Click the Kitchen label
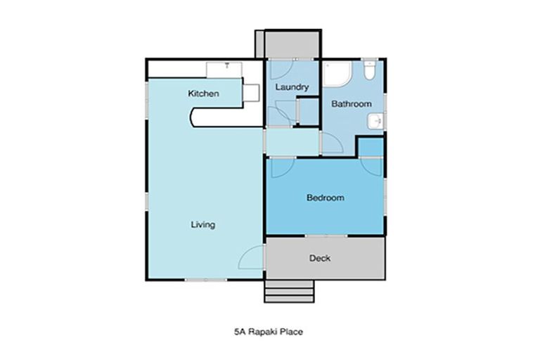(x=203, y=94)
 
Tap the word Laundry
(x=292, y=87)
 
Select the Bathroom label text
(x=351, y=104)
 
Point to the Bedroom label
(x=325, y=198)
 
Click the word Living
(x=202, y=225)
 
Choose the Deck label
(x=320, y=258)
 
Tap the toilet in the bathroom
(x=369, y=71)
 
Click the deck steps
(x=289, y=290)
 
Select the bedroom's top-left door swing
(x=280, y=167)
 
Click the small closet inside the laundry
(x=307, y=111)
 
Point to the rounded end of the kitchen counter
(x=196, y=117)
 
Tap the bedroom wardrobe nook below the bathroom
(x=370, y=147)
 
